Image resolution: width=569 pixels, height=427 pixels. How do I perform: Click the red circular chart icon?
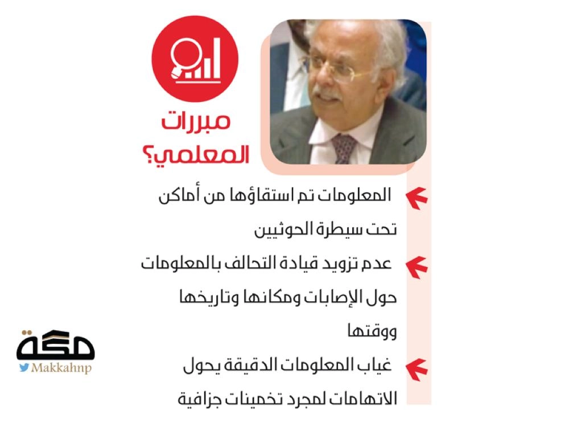(195, 59)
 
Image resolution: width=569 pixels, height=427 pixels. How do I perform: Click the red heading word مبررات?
(196, 121)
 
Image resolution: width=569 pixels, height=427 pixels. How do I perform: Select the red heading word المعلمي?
(204, 154)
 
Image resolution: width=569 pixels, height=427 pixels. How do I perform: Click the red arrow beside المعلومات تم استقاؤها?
(417, 198)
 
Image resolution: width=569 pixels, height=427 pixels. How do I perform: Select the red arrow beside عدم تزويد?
(417, 267)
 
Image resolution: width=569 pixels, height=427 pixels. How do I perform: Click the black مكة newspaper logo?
(56, 345)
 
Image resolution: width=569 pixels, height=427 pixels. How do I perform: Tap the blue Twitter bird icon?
(24, 367)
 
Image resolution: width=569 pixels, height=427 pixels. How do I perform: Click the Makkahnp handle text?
(61, 368)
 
